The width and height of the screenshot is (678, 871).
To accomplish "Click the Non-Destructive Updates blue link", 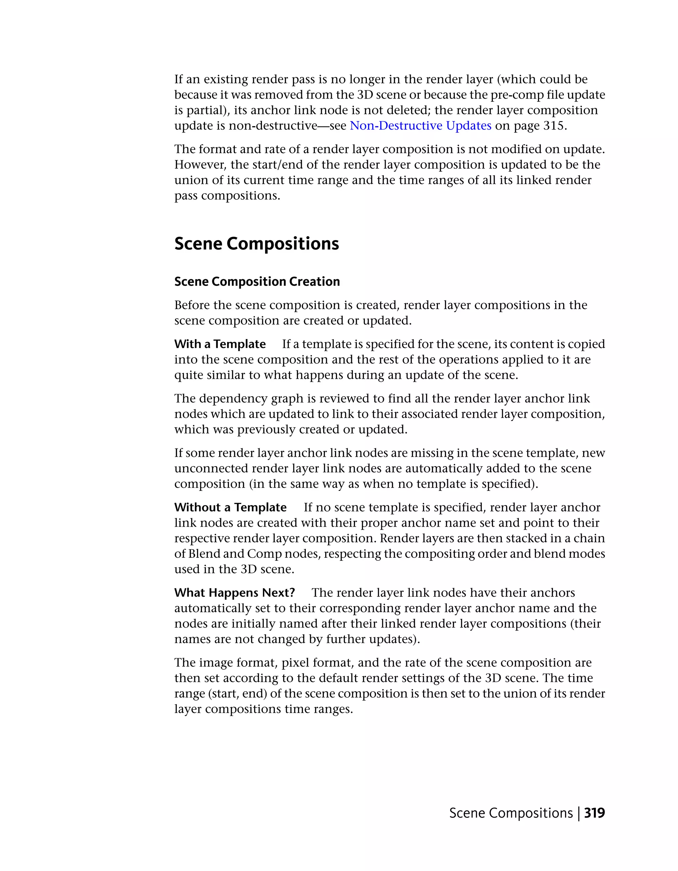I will click(x=420, y=126).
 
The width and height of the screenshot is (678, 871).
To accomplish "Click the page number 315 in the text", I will click(x=554, y=126).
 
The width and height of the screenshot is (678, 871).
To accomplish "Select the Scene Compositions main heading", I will click(x=257, y=244).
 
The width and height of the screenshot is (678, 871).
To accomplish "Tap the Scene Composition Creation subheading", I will click(x=257, y=282).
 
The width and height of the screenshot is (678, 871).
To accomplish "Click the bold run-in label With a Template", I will click(x=220, y=344).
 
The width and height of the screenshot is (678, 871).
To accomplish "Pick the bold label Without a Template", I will click(x=230, y=507).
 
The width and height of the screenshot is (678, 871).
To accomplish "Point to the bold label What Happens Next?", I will click(x=235, y=593).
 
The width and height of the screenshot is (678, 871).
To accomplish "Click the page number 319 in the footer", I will click(x=594, y=813).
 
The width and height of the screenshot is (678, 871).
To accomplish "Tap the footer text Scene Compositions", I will click(x=511, y=813).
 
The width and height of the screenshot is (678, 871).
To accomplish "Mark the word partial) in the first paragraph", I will click(x=207, y=110).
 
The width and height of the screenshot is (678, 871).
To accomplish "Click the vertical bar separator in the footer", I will click(x=579, y=813).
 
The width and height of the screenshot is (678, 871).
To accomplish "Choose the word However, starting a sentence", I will click(x=200, y=165).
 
